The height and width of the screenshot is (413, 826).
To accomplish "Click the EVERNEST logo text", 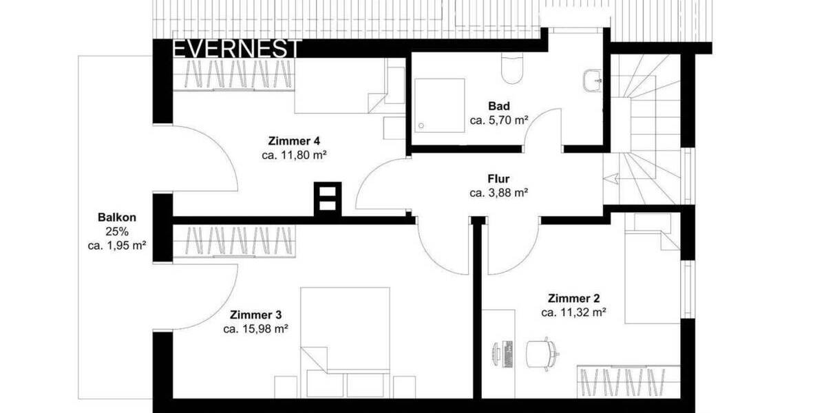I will pos(236,49).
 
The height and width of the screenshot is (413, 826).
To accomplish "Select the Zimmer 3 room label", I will pos(255,315).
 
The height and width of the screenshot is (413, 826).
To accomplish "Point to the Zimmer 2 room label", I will pos(573,299).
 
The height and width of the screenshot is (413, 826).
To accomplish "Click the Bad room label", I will pos(498,106).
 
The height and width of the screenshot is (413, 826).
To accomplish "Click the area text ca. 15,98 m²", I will pos(255,329).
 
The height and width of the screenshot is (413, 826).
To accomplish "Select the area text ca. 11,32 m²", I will pos(573,313).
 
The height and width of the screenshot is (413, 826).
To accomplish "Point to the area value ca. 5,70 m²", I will pos(498,120).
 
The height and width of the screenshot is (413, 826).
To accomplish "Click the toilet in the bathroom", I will pos(513,68).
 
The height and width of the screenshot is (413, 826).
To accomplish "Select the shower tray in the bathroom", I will pos(440,105).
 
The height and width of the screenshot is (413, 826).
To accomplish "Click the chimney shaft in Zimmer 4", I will pos(327,198).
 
